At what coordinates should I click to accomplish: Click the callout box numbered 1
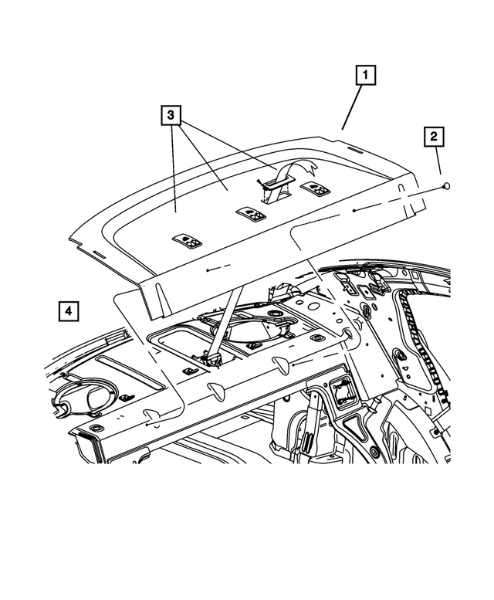click(365, 76)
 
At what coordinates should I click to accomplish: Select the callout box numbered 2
click(434, 137)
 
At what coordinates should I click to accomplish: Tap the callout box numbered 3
click(171, 116)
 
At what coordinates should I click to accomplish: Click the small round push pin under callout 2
click(446, 185)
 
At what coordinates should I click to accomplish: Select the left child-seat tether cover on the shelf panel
click(188, 242)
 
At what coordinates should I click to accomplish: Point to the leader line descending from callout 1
click(351, 108)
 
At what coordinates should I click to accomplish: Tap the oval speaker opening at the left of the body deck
click(83, 396)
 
